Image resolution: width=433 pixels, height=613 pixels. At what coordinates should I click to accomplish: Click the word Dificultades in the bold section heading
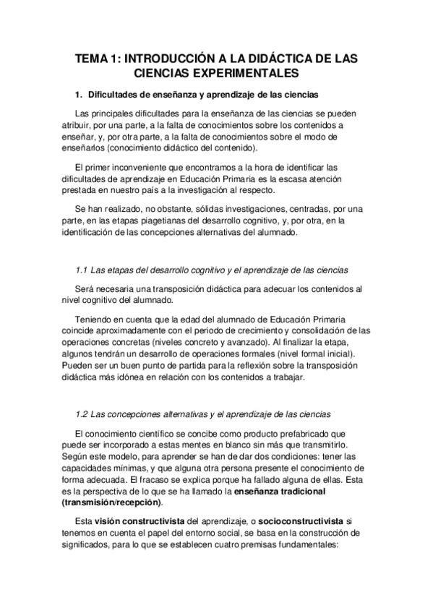(113, 95)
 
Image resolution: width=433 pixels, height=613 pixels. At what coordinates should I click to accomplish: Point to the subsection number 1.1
(82, 270)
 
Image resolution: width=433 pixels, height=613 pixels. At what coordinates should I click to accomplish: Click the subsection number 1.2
(82, 414)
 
